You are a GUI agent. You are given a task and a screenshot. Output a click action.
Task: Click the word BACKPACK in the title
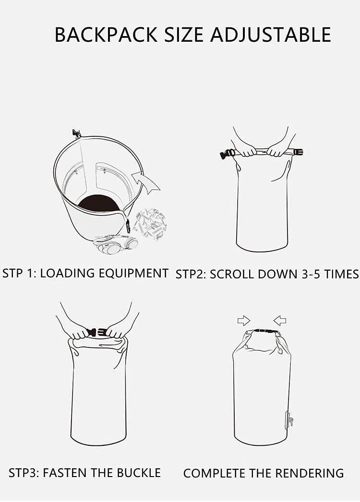106,35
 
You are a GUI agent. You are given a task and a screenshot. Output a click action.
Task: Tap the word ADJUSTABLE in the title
271,35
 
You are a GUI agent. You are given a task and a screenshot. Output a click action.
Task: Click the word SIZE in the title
184,35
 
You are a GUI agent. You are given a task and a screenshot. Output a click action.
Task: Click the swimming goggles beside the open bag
116,244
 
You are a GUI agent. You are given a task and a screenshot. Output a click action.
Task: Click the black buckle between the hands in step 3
96,332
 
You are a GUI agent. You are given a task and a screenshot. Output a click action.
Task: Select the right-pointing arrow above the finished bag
244,320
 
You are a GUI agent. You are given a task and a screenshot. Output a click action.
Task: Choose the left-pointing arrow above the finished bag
280,320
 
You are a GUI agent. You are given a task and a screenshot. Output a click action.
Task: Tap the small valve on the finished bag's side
289,420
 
